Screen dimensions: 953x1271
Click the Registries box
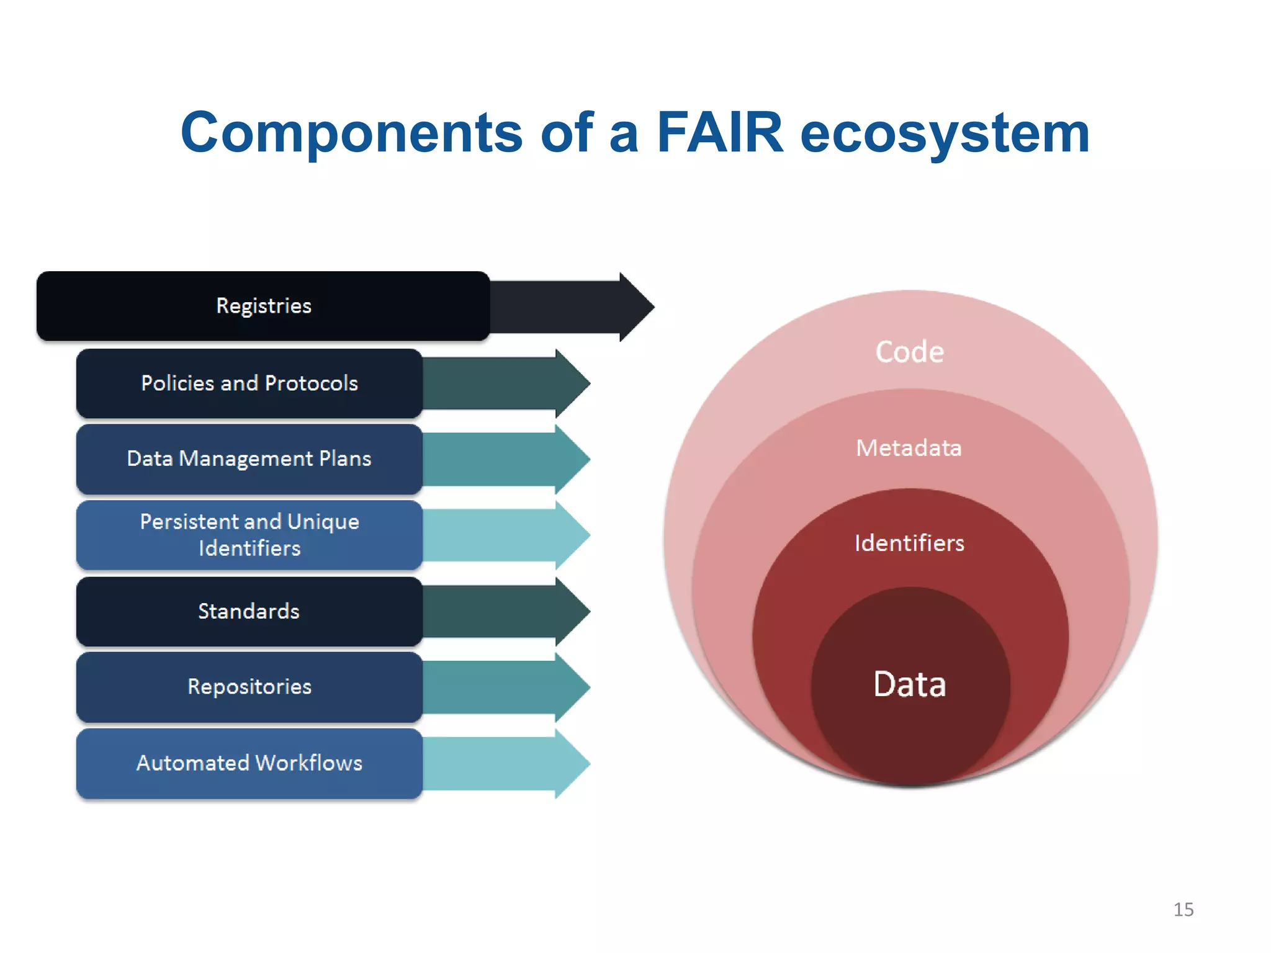[x=263, y=306]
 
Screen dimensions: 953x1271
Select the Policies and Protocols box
[x=249, y=383]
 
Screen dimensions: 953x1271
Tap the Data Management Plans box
[x=249, y=459]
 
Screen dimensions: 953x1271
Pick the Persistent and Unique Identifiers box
[x=249, y=535]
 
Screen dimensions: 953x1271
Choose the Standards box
[x=249, y=612]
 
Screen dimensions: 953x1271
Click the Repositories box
[x=249, y=687]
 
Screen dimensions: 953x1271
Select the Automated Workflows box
[x=249, y=763]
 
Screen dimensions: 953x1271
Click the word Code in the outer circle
[x=910, y=352]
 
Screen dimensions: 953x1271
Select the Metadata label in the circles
[x=909, y=448]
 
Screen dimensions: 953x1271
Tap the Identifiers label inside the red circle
[x=910, y=544]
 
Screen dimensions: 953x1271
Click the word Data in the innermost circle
[x=910, y=684]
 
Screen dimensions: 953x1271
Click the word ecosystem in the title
[x=945, y=133]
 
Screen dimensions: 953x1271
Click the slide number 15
[x=1183, y=910]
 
